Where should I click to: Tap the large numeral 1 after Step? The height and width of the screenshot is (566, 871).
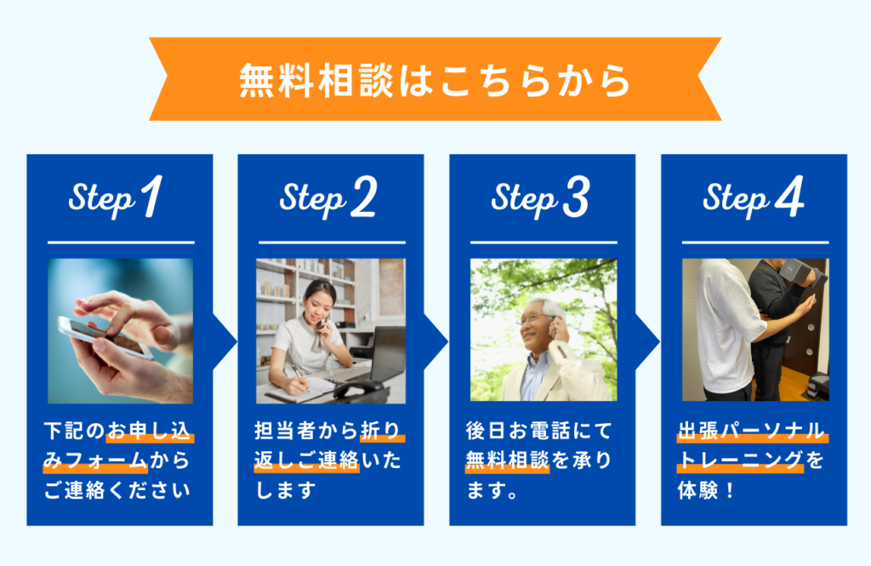click(151, 197)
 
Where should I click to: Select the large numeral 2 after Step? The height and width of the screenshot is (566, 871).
click(364, 197)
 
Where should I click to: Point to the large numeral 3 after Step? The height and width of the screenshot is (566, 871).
click(576, 197)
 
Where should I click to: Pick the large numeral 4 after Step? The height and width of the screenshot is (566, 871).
click(789, 196)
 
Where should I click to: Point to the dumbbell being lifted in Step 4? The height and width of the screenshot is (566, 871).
click(804, 272)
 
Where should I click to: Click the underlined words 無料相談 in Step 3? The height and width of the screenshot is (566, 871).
click(507, 460)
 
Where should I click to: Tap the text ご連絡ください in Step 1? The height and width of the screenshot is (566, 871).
click(117, 490)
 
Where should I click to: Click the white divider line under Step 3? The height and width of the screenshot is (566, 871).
click(544, 243)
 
